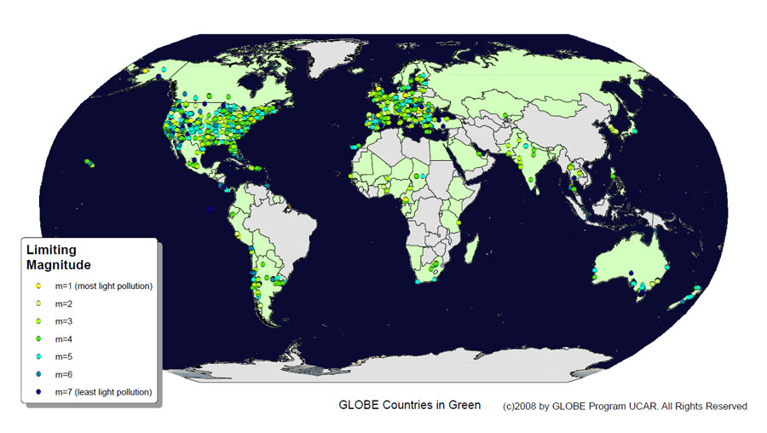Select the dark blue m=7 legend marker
[37, 392]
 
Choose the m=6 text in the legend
[65, 375]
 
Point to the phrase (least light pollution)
[114, 392]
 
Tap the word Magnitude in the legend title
[59, 266]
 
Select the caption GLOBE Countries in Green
[409, 405]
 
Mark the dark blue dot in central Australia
[631, 274]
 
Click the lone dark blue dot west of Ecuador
[210, 208]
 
